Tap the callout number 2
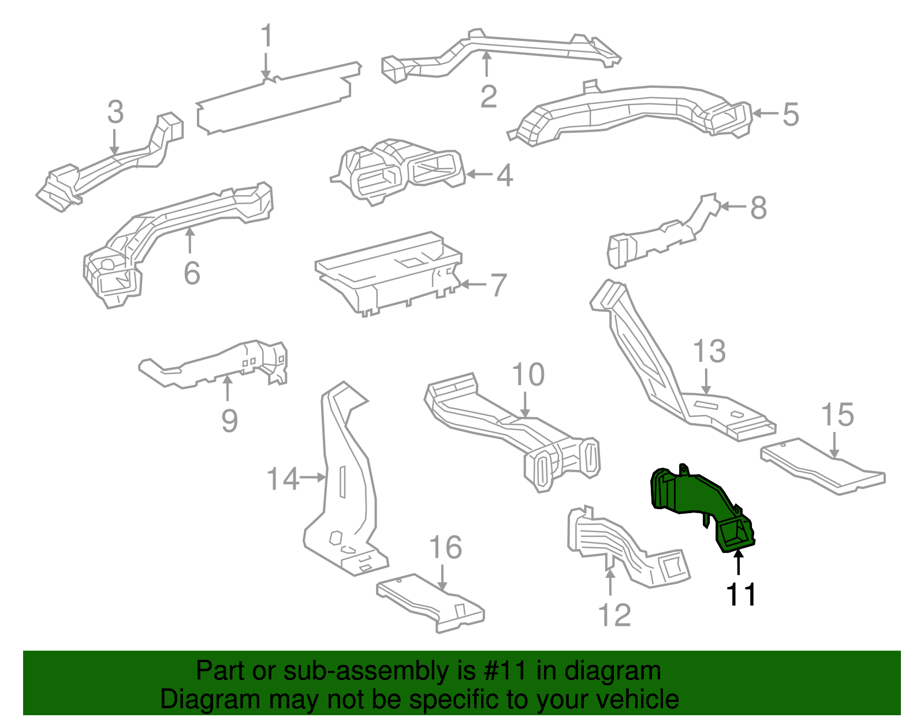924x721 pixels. pos(489,96)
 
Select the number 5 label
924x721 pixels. pos(791,114)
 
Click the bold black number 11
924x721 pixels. pos(741,595)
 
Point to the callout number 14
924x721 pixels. pos(282,479)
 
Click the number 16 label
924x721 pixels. pos(445,547)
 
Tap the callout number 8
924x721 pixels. pos(758,208)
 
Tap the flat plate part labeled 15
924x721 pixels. pos(820,468)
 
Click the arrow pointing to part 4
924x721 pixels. pos(479,174)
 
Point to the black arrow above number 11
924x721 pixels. pos(738,563)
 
